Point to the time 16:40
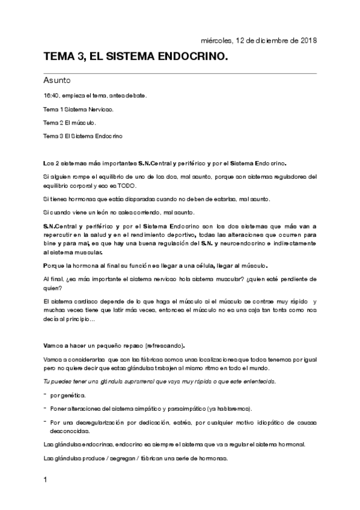50,96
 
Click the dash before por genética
45,395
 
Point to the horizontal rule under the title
180,73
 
